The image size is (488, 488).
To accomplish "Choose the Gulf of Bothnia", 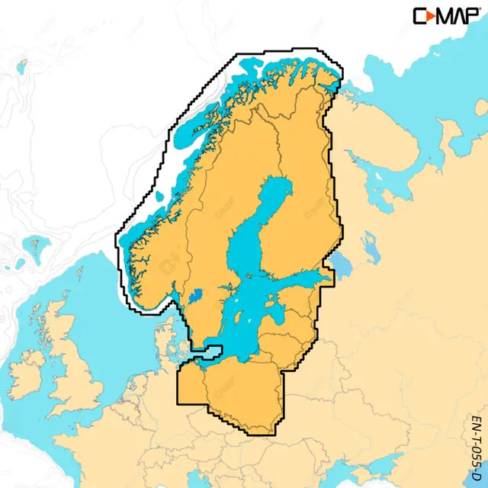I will click(x=255, y=221).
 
